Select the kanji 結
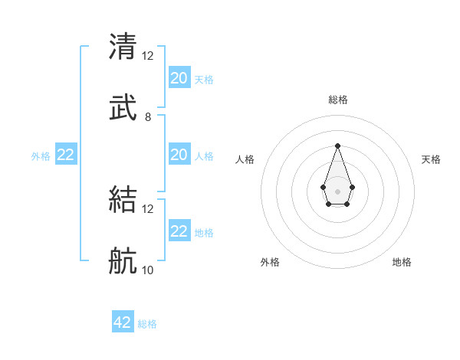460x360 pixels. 123,201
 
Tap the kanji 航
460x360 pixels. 123,263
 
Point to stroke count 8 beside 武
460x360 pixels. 148,117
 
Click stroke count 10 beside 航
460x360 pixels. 148,270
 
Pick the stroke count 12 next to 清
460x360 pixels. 148,55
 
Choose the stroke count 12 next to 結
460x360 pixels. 148,209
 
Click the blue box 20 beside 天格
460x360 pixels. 179,77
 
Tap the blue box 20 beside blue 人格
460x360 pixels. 179,154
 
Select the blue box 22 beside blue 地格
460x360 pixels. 179,231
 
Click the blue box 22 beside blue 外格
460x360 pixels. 66,154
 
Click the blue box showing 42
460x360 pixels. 123,322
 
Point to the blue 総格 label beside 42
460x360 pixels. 147,324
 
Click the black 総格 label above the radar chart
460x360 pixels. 337,100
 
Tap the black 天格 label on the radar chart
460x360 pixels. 431,159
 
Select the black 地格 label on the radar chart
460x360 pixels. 402,262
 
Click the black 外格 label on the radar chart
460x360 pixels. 270,262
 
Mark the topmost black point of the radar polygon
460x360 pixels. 337,146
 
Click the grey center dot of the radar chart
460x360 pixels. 337,190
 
